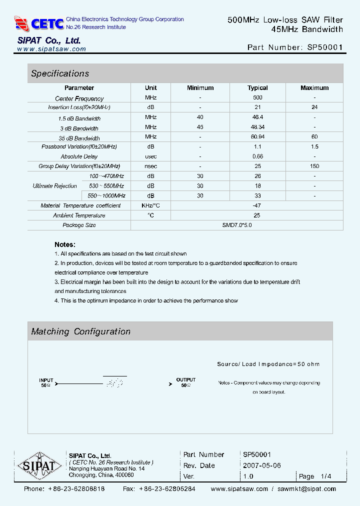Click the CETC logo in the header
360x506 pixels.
39,23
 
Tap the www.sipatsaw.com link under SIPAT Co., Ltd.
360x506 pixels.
51,49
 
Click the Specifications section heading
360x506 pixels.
60,73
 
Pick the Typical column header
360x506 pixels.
257,88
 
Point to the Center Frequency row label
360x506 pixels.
79,98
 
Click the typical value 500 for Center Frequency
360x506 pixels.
257,98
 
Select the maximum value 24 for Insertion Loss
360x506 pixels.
314,107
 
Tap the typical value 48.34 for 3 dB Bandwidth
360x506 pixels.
257,127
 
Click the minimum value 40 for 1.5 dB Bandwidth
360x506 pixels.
200,117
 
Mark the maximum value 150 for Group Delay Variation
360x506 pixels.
314,166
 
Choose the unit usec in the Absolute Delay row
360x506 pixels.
150,156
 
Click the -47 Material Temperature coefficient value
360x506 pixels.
257,205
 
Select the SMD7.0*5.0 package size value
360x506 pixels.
237,225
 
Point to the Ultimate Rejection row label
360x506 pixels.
55,186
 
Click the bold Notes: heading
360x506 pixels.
65,244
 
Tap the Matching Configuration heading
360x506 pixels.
81,331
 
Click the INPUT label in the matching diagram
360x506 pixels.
46,380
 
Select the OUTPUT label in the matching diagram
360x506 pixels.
186,380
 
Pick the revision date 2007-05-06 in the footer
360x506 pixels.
262,465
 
